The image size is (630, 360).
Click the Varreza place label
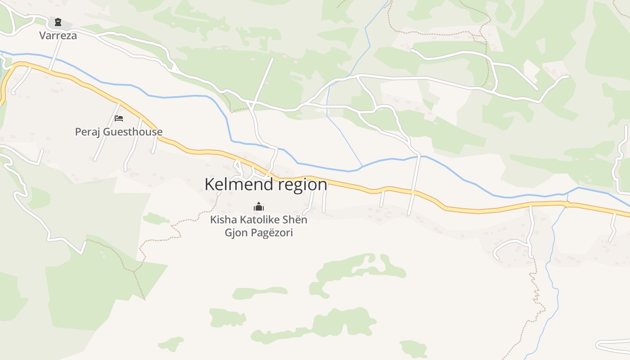(58, 35)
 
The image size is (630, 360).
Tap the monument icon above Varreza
(58, 22)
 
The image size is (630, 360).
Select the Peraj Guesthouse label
(119, 132)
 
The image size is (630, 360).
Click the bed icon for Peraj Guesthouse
(119, 118)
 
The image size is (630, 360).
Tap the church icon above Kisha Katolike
(259, 207)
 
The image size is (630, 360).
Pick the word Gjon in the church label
(234, 233)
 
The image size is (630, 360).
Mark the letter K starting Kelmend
(209, 184)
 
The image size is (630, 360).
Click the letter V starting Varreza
(42, 35)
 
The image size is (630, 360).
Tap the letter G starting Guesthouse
(107, 132)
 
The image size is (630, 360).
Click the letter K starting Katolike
(243, 220)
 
